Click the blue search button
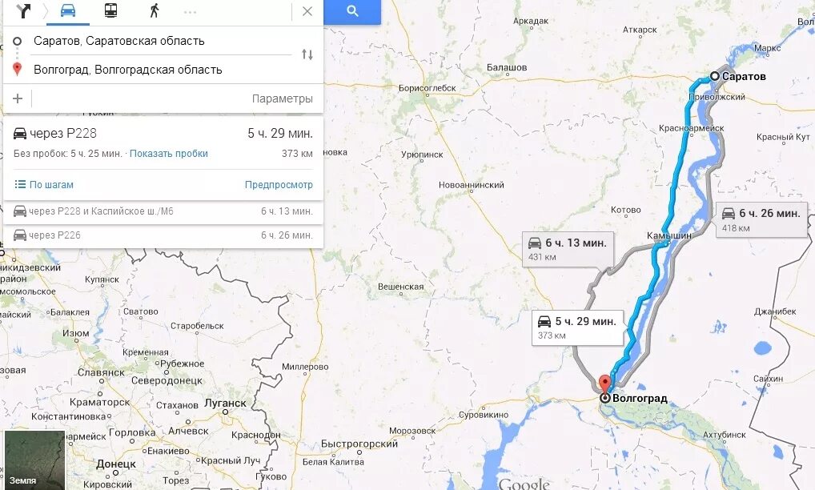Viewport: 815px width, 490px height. pyautogui.click(x=352, y=11)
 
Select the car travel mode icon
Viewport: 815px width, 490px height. pyautogui.click(x=68, y=11)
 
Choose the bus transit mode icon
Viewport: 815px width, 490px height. pyautogui.click(x=110, y=11)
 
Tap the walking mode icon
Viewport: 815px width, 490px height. pyautogui.click(x=154, y=11)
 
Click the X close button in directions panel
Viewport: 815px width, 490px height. pyautogui.click(x=307, y=11)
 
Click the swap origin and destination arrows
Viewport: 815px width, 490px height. pyautogui.click(x=307, y=54)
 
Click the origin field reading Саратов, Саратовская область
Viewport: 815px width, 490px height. pyautogui.click(x=119, y=41)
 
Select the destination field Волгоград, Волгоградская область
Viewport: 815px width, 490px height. pyautogui.click(x=128, y=70)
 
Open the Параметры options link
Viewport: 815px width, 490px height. pyautogui.click(x=282, y=98)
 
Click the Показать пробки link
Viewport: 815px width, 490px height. pyautogui.click(x=169, y=154)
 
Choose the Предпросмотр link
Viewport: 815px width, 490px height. pyautogui.click(x=279, y=185)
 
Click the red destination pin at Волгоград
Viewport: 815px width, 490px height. pyautogui.click(x=604, y=382)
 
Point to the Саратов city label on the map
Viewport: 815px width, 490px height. pyautogui.click(x=744, y=77)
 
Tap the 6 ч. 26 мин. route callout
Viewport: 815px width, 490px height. pyautogui.click(x=761, y=218)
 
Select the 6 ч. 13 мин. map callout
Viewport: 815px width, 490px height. pyautogui.click(x=568, y=247)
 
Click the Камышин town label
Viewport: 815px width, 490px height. pyautogui.click(x=668, y=237)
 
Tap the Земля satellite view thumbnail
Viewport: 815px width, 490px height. pyautogui.click(x=34, y=460)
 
